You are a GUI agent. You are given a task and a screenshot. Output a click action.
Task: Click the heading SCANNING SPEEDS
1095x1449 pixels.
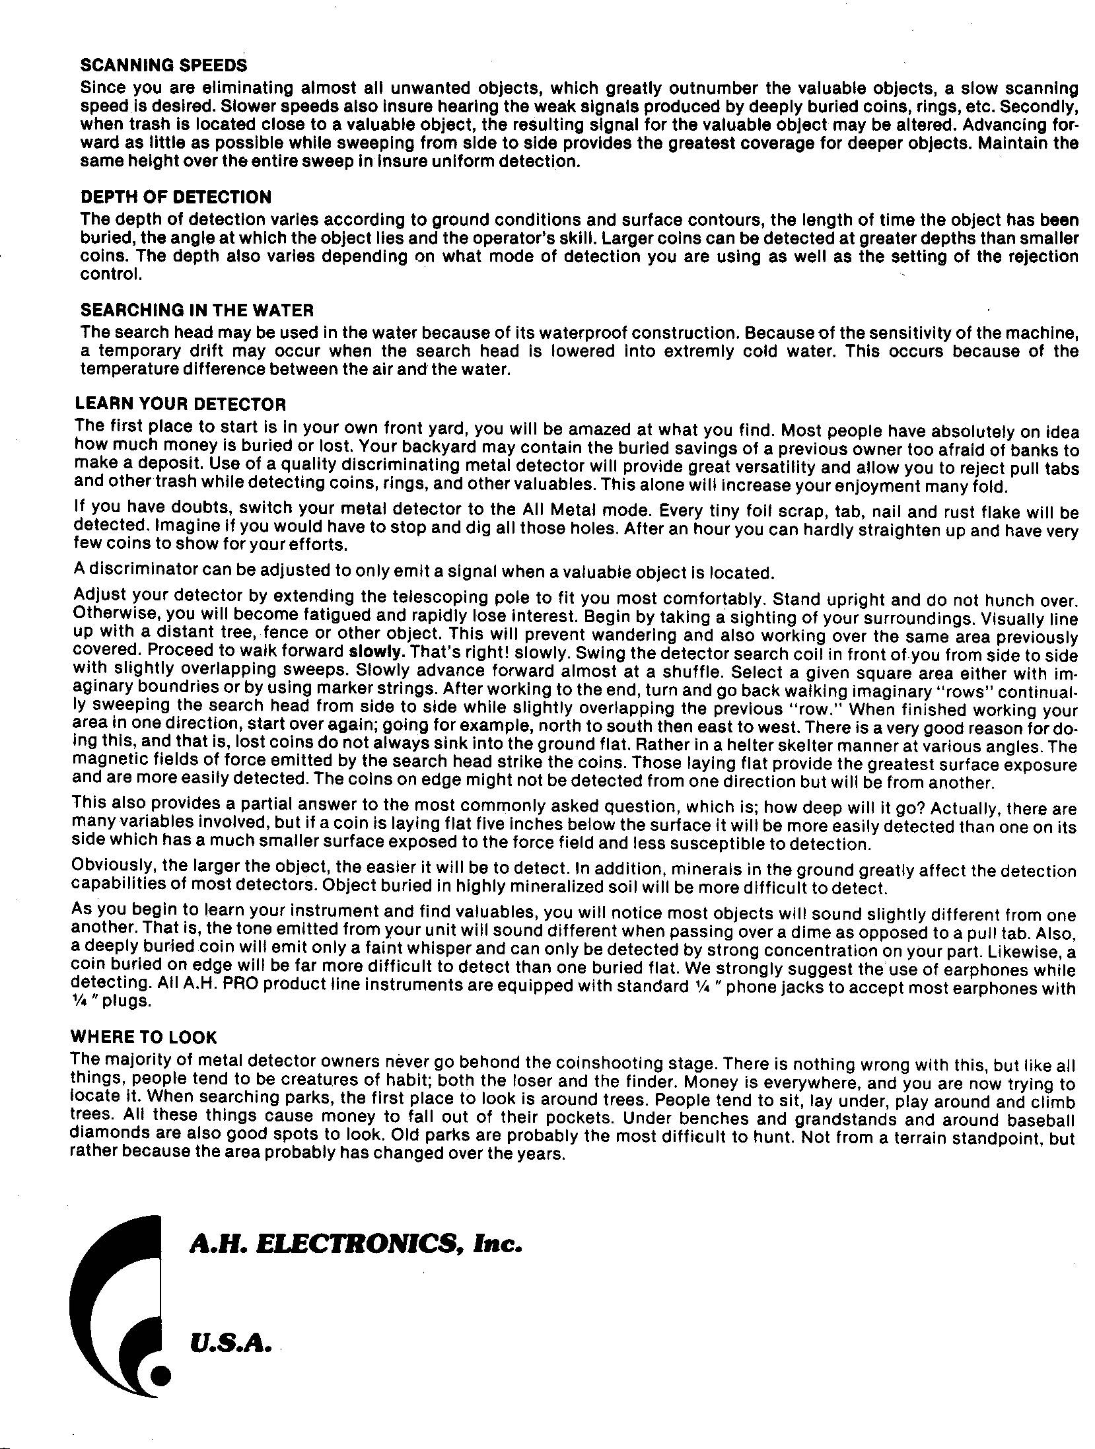163,65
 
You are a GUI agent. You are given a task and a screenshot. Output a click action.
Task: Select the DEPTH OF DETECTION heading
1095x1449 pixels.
176,197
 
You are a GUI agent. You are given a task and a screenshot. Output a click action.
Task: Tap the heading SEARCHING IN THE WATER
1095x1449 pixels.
197,310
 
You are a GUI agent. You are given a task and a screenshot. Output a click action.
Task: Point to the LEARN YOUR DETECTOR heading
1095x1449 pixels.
180,403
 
